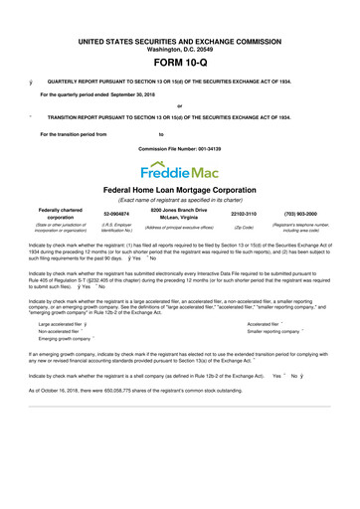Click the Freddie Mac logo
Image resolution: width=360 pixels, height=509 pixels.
click(x=179, y=163)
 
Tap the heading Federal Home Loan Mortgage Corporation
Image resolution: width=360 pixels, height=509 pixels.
click(x=180, y=189)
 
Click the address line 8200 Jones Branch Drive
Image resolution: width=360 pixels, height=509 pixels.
click(x=179, y=210)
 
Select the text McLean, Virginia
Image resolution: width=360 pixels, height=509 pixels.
click(x=180, y=219)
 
